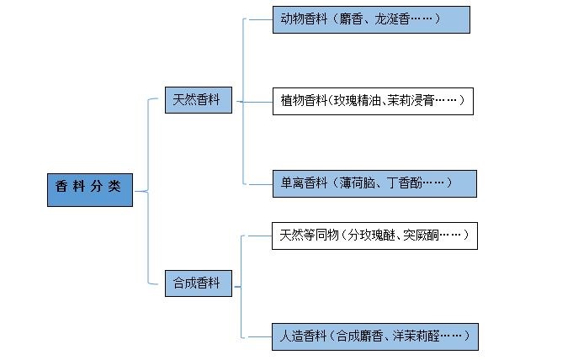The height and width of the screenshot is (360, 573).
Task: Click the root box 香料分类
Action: coord(89,189)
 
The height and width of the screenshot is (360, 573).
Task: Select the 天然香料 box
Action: coord(198,99)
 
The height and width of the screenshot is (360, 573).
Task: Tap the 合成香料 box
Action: coord(198,283)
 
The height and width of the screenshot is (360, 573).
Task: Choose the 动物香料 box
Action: coord(370,19)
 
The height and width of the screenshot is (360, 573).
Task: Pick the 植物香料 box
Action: coord(373,102)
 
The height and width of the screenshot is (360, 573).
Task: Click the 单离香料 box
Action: coord(374,183)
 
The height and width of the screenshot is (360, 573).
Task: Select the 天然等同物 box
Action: coord(374,235)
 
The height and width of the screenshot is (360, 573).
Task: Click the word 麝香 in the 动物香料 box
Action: coord(352,19)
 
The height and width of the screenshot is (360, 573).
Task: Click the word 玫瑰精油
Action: coord(359,102)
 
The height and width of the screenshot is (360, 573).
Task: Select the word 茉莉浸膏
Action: coord(411,102)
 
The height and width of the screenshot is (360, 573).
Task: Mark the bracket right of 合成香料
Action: coord(242,286)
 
